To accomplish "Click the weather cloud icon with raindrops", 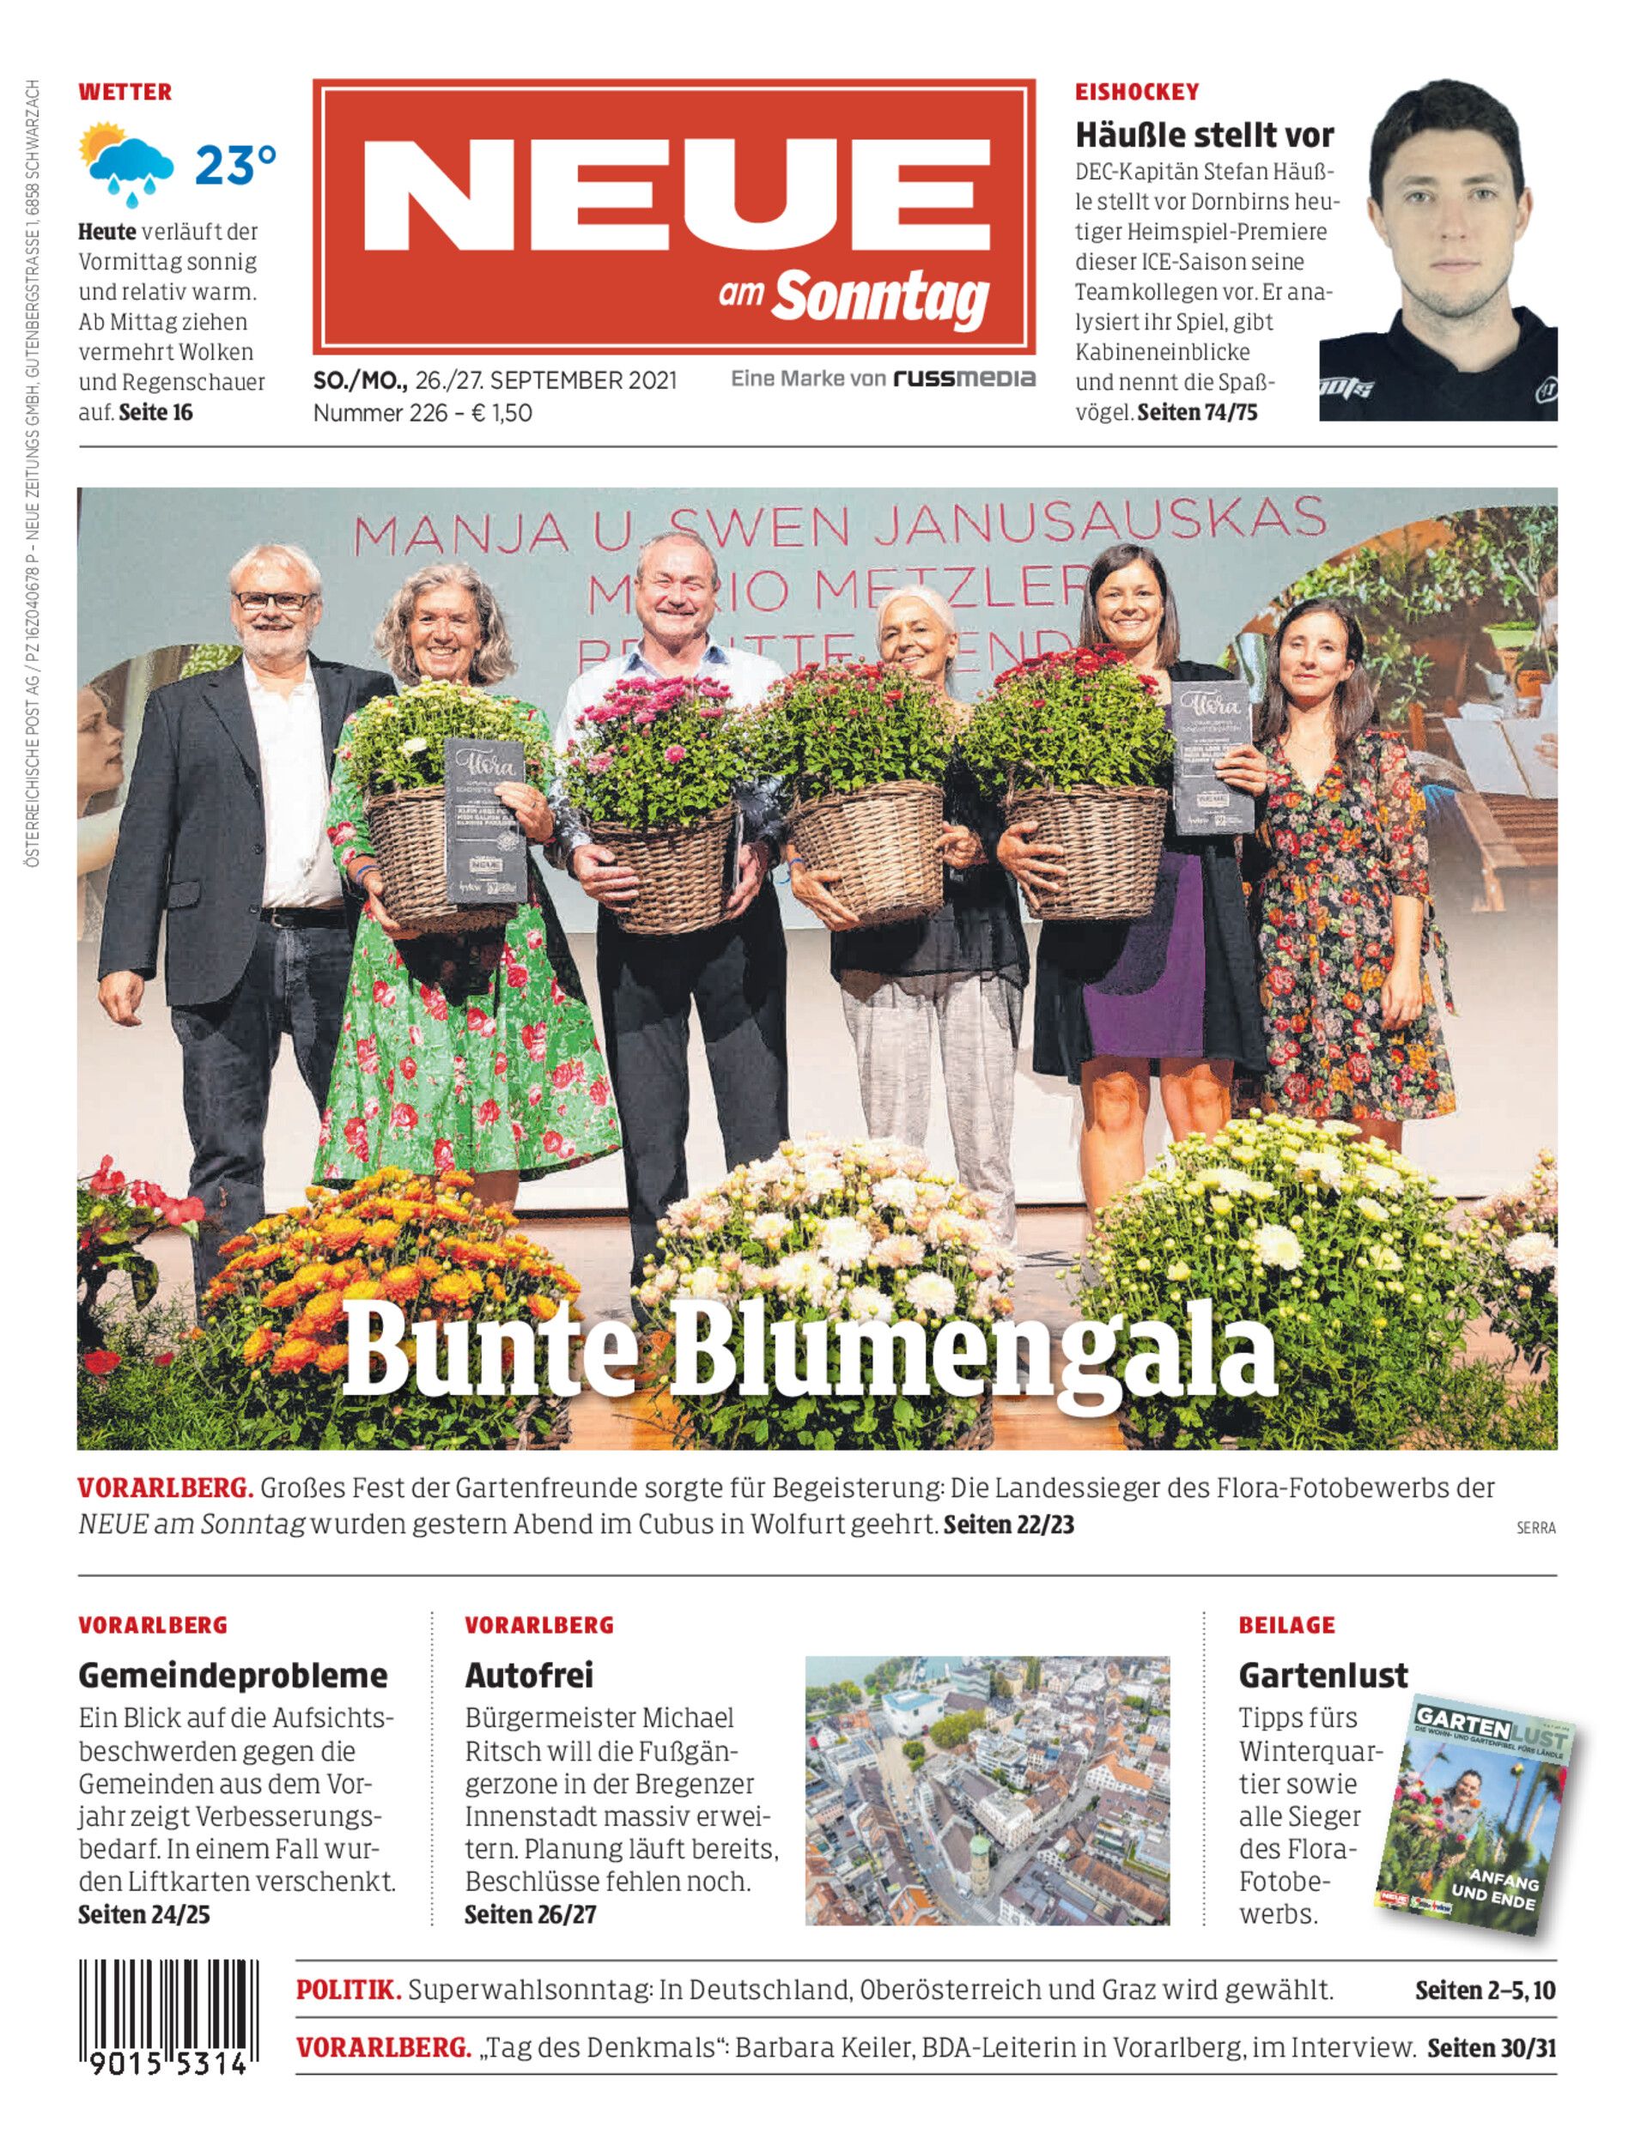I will (131, 165).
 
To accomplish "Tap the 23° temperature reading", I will (235, 166).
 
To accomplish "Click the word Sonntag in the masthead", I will (880, 298).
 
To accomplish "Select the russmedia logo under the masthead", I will (964, 379).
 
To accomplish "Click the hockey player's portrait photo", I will (1437, 250).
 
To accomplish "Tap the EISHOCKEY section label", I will (1137, 93).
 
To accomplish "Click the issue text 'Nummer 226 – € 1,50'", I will (422, 413).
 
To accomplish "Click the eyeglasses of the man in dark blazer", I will (275, 600).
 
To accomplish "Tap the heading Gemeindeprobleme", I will (233, 1675).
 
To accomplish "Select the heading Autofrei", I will (528, 1675).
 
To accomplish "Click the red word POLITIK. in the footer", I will (349, 1991).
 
